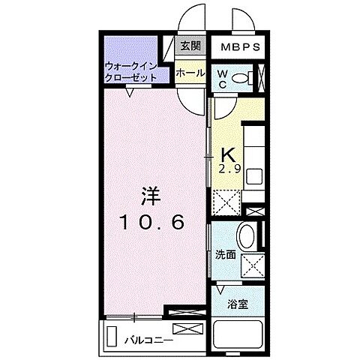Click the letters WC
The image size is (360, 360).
(x=222, y=78)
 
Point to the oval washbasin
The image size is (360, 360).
(x=246, y=235)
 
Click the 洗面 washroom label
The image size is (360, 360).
(x=226, y=255)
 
